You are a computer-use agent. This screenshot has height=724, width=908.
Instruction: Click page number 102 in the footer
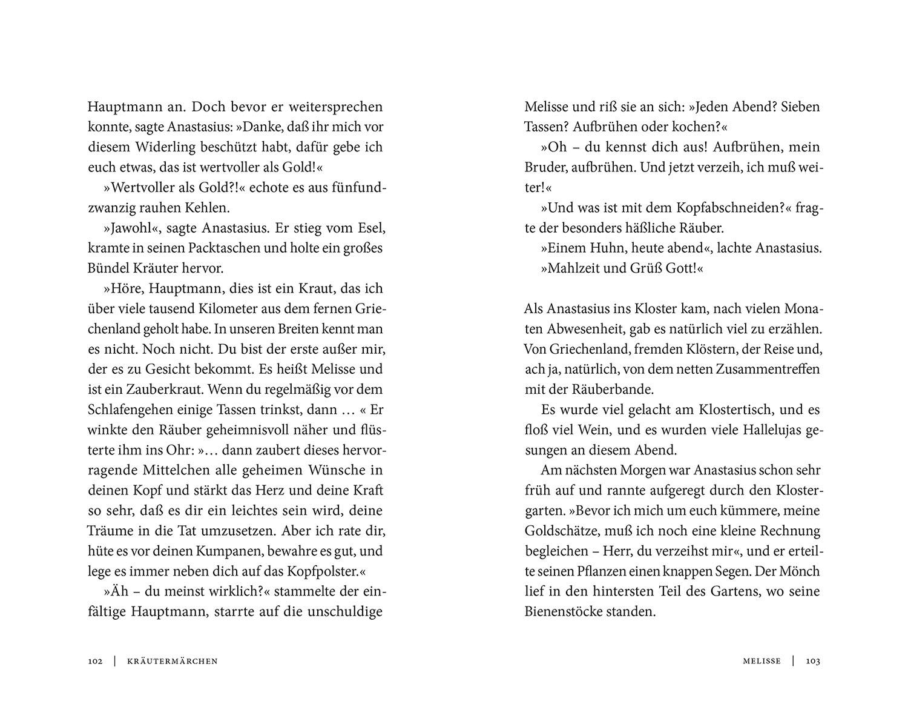coord(97,661)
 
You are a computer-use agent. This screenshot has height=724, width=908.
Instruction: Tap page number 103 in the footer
coord(812,661)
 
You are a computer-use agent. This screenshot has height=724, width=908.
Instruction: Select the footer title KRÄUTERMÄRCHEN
coord(173,661)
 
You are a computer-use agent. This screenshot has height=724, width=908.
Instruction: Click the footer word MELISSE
coord(762,661)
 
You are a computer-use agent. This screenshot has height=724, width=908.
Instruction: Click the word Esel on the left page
coord(370,228)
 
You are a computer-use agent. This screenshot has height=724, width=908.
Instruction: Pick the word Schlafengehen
coord(133,410)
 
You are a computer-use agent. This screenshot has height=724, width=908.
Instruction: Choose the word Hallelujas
coord(768,430)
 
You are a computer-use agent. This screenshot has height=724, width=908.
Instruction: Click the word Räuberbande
coord(611,390)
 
